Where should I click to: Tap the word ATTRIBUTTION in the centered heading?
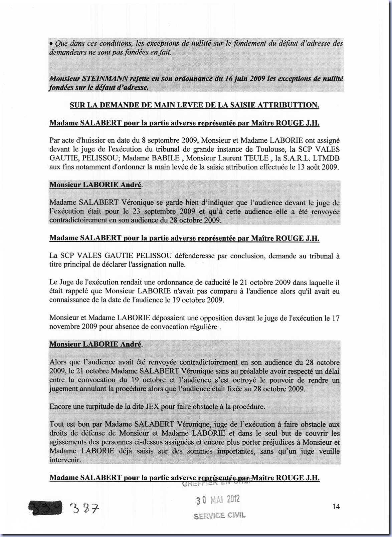(288, 105)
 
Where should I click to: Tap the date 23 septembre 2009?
(158, 211)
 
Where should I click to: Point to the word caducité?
(207, 283)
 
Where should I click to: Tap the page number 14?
(336, 507)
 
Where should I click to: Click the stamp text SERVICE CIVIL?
(219, 515)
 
